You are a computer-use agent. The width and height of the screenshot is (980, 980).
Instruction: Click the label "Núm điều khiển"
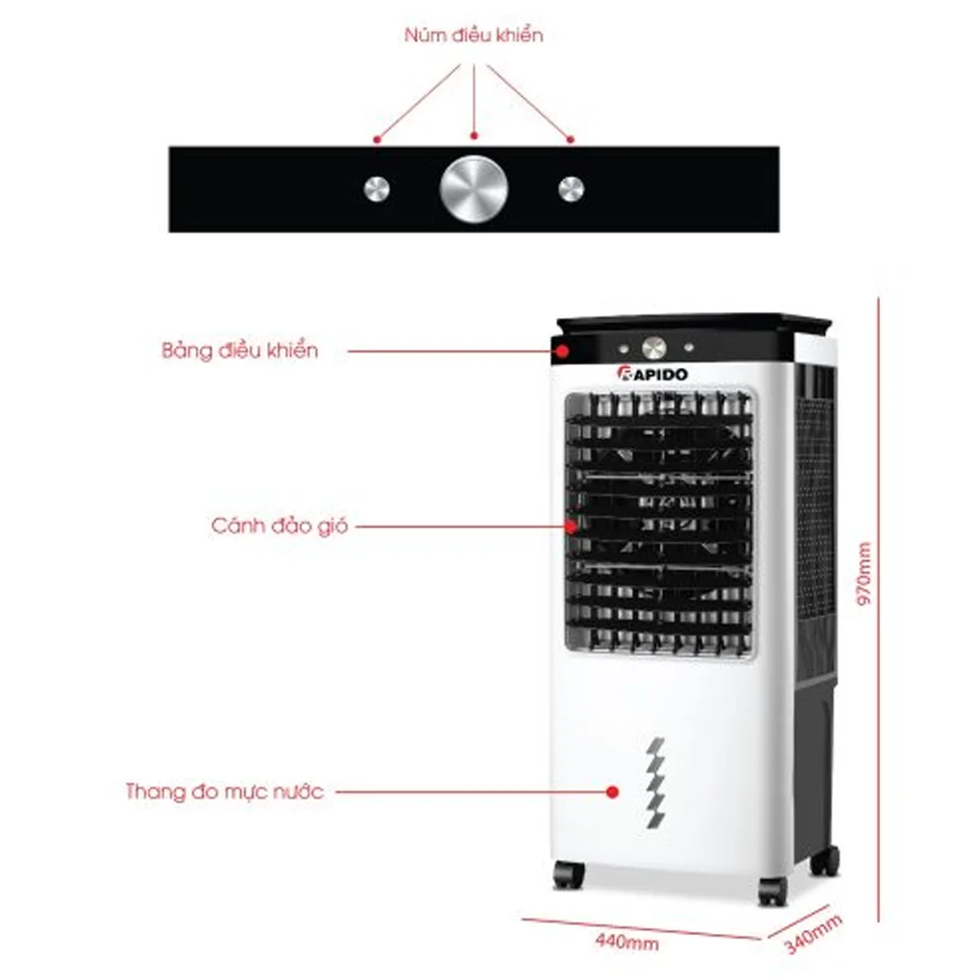pyautogui.click(x=474, y=37)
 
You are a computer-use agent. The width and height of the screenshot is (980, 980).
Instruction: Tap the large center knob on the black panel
pyautogui.click(x=473, y=189)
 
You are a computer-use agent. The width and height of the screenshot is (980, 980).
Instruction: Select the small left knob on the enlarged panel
pyautogui.click(x=377, y=189)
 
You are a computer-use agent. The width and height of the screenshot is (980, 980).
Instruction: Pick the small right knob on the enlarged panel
pyautogui.click(x=571, y=189)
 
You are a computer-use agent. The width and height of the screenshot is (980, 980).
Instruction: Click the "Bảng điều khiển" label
pyautogui.click(x=239, y=351)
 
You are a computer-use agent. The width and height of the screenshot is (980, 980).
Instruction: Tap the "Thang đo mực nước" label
pyautogui.click(x=225, y=793)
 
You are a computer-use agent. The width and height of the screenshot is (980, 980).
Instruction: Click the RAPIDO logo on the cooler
pyautogui.click(x=652, y=374)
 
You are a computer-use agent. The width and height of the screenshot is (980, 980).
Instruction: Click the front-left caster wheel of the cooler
pyautogui.click(x=568, y=874)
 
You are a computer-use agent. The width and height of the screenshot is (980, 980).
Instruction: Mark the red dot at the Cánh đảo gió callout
pyautogui.click(x=571, y=527)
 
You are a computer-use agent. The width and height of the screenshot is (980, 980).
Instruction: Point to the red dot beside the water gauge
pyautogui.click(x=611, y=793)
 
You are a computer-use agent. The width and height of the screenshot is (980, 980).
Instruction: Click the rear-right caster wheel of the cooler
pyautogui.click(x=824, y=860)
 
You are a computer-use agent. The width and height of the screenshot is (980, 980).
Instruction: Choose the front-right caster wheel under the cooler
pyautogui.click(x=772, y=891)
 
